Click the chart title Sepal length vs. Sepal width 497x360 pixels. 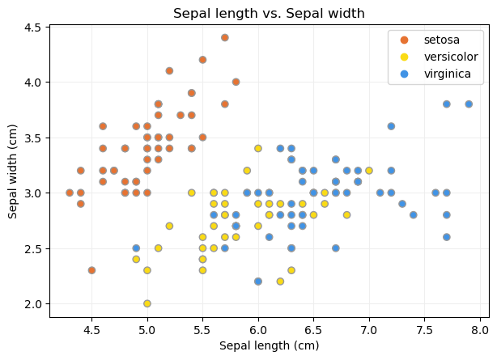(269, 13)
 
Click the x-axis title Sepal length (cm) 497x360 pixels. (269, 346)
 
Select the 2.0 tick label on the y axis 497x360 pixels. (32, 303)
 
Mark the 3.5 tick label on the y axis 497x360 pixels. (32, 138)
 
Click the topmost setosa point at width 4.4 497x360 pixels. (225, 37)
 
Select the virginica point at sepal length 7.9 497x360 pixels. (469, 104)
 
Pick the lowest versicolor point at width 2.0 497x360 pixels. (147, 303)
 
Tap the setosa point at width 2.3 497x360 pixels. (91, 270)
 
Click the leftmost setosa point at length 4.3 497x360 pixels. (70, 193)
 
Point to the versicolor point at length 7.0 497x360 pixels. (369, 171)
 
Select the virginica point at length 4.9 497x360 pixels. (136, 248)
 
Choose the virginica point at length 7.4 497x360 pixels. (414, 215)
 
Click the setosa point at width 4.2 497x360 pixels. (202, 60)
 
